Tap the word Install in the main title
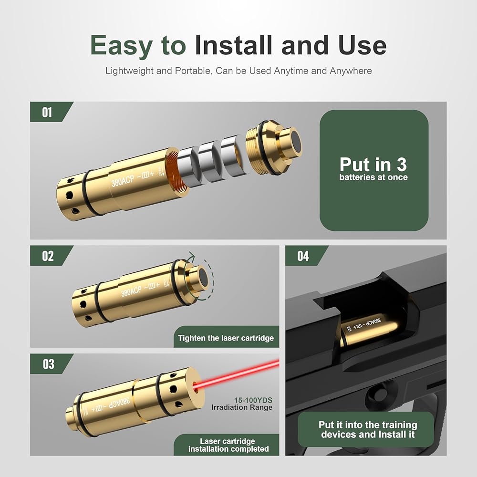(233, 45)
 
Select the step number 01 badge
(47, 112)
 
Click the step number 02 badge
(48, 256)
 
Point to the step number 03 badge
(48, 364)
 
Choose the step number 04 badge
(303, 256)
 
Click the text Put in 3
(373, 165)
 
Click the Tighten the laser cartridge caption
(226, 338)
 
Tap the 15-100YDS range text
(253, 400)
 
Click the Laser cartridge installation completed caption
(228, 445)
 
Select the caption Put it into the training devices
(368, 429)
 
